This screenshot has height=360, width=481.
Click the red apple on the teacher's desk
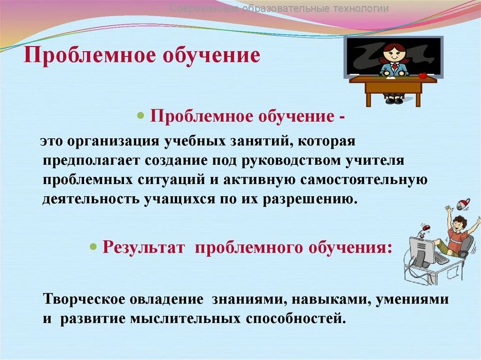click(x=422, y=75)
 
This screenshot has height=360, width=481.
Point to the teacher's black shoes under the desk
click(x=394, y=100)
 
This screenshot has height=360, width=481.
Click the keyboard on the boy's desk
click(x=441, y=259)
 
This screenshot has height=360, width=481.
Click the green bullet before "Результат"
click(x=93, y=247)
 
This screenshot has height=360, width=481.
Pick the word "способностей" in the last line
click(x=295, y=319)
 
